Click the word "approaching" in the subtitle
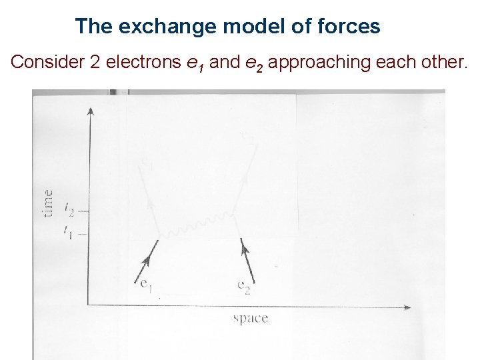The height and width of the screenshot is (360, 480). [x=313, y=63]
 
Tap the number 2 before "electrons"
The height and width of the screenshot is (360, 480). [x=94, y=63]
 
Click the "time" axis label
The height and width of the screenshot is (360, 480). [x=48, y=203]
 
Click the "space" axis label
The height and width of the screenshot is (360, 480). [x=251, y=318]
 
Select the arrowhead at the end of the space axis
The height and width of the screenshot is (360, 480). [x=407, y=307]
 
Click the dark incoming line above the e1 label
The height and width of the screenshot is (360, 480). [x=147, y=261]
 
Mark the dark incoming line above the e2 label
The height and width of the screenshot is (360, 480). [x=248, y=261]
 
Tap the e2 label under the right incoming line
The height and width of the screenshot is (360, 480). [x=244, y=287]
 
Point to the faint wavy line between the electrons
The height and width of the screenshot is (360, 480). [x=197, y=225]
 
